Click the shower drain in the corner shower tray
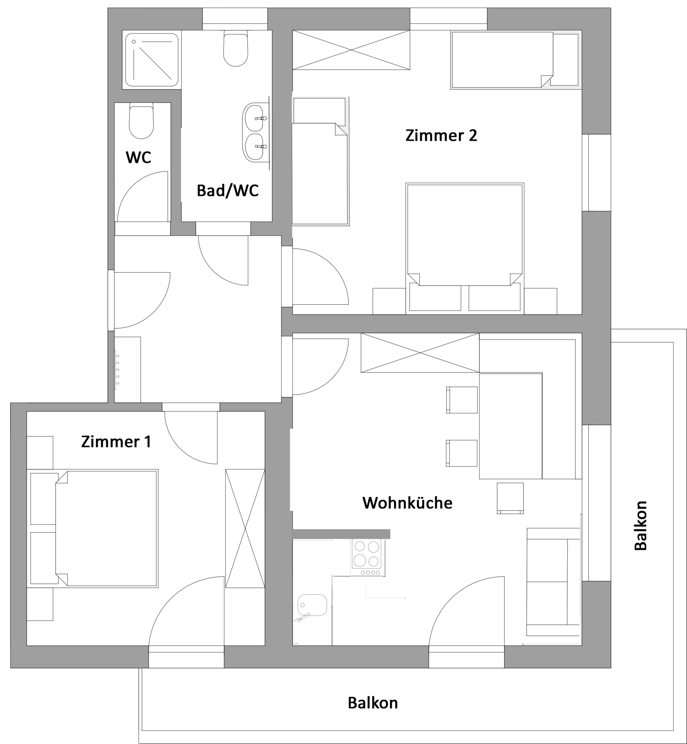pos(134,42)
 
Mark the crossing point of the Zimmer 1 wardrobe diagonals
pos(245,529)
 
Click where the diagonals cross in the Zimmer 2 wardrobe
pos(351,50)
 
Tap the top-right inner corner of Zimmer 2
pos(582,30)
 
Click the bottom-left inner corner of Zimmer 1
pos(27,645)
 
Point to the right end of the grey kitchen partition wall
pos(390,534)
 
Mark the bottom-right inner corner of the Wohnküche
pos(582,645)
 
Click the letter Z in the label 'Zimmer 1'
pos(86,442)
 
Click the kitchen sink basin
pos(312,605)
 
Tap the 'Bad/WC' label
pos(228,191)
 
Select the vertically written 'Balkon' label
pos(640,526)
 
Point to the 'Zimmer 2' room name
pos(441,135)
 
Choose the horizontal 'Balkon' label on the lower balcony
pos(373,703)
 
